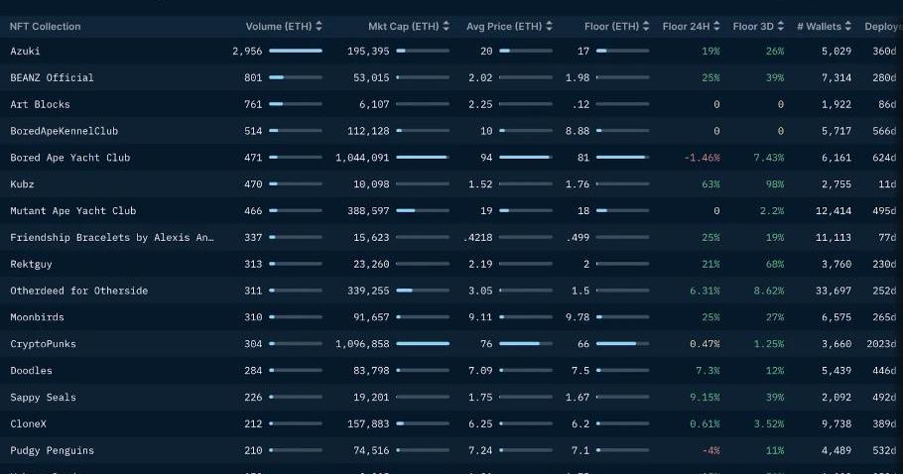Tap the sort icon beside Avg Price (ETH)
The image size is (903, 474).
point(552,26)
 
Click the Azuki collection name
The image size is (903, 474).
point(25,51)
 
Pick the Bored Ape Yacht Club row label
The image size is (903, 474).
point(69,158)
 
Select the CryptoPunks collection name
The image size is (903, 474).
point(43,344)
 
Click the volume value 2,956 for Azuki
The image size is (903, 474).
point(247,51)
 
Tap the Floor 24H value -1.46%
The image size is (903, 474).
point(702,158)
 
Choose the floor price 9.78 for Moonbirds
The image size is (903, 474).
point(577,317)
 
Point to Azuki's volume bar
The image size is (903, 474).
point(296,51)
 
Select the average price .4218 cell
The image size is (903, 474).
point(481,237)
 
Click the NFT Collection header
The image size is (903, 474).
point(46,26)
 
